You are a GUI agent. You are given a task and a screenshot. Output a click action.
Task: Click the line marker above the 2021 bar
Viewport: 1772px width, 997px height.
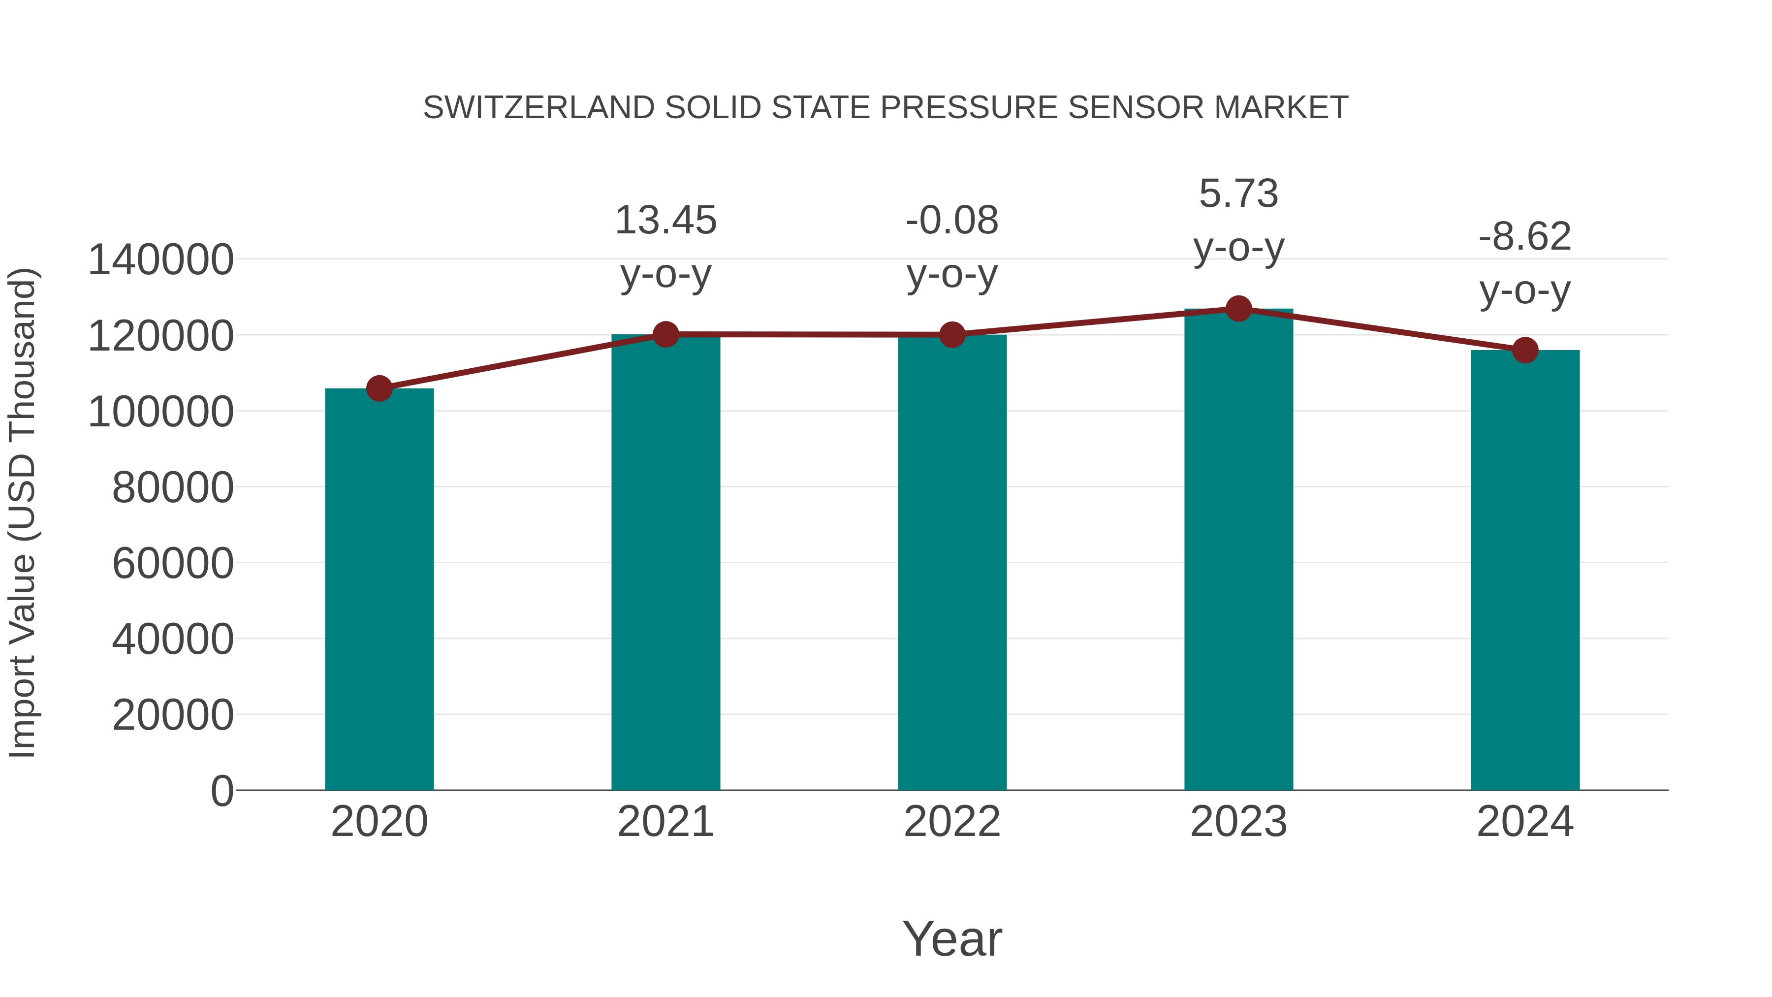click(x=665, y=334)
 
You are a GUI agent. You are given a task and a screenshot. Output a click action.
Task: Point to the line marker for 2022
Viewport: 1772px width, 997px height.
click(x=952, y=335)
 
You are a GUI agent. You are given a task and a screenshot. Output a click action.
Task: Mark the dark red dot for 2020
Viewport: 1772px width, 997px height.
click(x=379, y=389)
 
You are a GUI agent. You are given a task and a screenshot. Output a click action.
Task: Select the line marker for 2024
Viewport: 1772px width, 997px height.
click(x=1525, y=350)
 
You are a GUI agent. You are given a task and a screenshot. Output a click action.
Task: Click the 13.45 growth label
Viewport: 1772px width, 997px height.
click(x=665, y=221)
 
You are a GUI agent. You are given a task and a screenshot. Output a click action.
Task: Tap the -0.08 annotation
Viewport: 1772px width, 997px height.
click(x=952, y=221)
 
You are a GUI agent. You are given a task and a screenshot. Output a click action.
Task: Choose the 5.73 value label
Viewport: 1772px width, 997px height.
click(x=1238, y=194)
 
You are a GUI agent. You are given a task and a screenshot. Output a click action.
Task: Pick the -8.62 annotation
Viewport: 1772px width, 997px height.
click(x=1525, y=237)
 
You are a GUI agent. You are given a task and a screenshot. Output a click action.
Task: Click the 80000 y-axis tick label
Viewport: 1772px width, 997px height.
click(x=173, y=488)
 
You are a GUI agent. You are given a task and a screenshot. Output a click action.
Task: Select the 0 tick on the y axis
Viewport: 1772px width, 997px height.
click(x=221, y=791)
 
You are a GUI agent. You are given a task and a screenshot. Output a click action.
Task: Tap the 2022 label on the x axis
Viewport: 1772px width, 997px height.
click(x=952, y=822)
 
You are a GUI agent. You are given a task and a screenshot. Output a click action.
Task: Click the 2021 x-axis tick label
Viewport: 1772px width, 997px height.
click(x=665, y=822)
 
